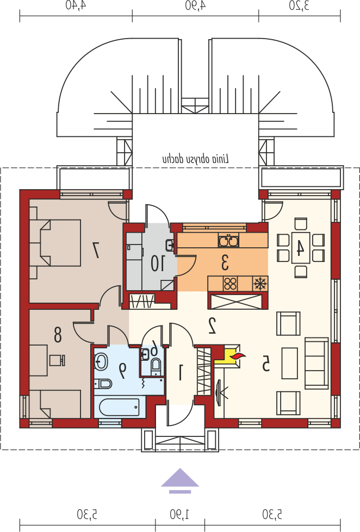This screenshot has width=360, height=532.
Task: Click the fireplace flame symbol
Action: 238,356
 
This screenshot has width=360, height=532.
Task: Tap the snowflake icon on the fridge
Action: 260,283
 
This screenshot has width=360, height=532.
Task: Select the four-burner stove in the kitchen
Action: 231,284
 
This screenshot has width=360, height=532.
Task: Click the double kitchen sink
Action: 228,240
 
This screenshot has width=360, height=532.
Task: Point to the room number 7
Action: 96,250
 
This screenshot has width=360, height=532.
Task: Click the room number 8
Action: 58,334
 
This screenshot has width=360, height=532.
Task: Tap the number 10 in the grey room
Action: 158,264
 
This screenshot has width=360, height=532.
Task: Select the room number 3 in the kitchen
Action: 225,262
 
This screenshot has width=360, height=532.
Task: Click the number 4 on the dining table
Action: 300,247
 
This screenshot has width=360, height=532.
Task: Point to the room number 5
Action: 265,363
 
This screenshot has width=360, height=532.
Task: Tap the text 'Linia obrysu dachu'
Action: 196,159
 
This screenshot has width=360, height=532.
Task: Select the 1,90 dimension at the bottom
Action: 180,515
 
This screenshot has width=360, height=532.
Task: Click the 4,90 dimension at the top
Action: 195,5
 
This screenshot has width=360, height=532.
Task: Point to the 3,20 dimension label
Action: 299,5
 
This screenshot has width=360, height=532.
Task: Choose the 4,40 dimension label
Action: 76,5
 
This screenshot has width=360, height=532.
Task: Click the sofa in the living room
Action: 317,362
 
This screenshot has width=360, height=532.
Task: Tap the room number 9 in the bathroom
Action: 122,371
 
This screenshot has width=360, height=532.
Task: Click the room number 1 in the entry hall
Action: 181,372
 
